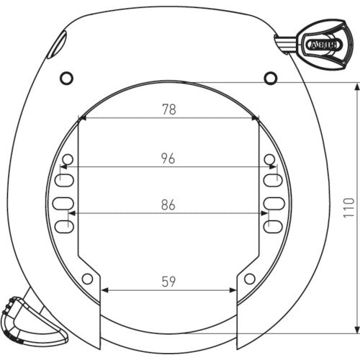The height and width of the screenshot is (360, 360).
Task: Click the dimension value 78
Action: (x=168, y=109)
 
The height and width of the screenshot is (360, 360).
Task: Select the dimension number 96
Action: (x=168, y=159)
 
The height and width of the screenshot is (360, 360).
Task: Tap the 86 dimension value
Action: (x=168, y=204)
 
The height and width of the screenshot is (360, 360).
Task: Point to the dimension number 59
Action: (x=168, y=282)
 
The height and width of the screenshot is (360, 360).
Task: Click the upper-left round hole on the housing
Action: (x=67, y=76)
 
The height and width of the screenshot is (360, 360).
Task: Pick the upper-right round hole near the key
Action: (x=270, y=76)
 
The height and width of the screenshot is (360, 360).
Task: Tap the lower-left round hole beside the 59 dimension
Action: (x=87, y=279)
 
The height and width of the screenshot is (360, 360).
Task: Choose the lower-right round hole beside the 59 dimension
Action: (x=250, y=279)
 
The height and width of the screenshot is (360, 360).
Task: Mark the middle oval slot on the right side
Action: (x=274, y=203)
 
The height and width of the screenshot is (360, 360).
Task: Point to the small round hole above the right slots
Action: (x=269, y=158)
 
